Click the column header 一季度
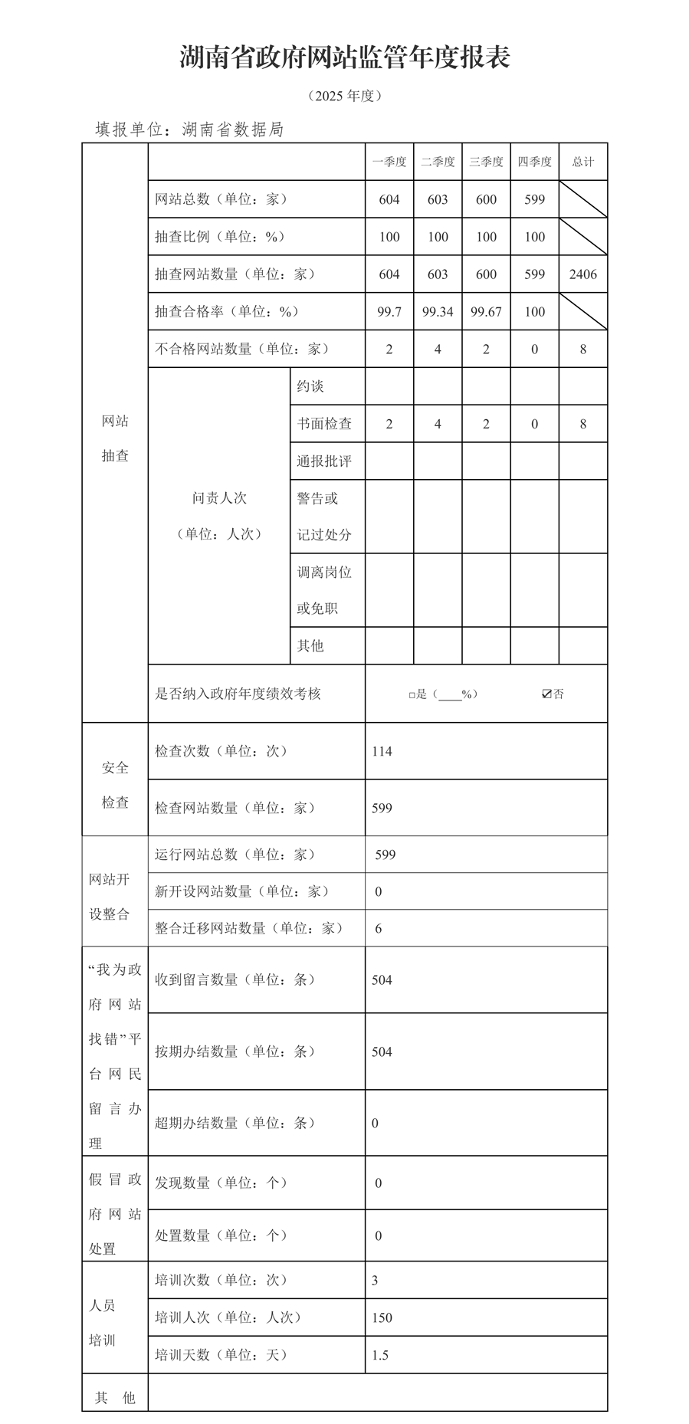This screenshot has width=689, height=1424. pos(389,162)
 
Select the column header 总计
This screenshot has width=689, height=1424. pos(582,162)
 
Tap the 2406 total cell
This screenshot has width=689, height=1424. pos(582,274)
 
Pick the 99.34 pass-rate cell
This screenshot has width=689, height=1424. pos(438,312)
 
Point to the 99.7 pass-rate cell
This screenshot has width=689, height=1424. pos(389,312)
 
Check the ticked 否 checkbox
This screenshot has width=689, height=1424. pos(546,694)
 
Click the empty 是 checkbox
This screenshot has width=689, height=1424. pos(412,695)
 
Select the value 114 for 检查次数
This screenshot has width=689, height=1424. pos(382,751)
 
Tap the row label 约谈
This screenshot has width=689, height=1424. pos(310,386)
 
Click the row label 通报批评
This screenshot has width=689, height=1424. pos(324,461)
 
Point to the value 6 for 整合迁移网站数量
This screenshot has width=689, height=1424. pos(379,929)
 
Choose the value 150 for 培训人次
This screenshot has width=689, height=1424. pos(382,1318)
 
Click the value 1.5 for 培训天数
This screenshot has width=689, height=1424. pos(380,1356)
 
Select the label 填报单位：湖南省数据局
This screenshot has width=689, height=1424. pos(189,130)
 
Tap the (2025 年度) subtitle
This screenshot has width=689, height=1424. pos(344,96)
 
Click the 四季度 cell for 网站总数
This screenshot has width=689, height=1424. pos(534,199)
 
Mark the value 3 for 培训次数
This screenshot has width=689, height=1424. pos(375,1281)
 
